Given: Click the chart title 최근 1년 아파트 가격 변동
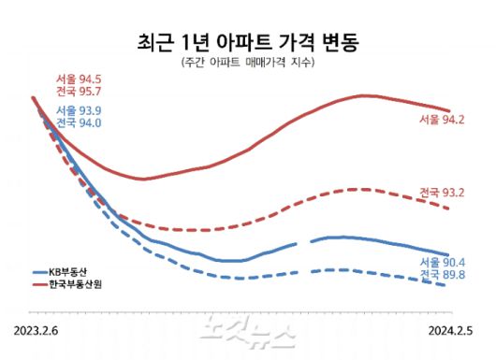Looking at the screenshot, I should point(247,42).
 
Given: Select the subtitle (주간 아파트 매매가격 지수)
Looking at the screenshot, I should point(247,64).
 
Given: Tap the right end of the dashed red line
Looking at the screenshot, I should point(450,209).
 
